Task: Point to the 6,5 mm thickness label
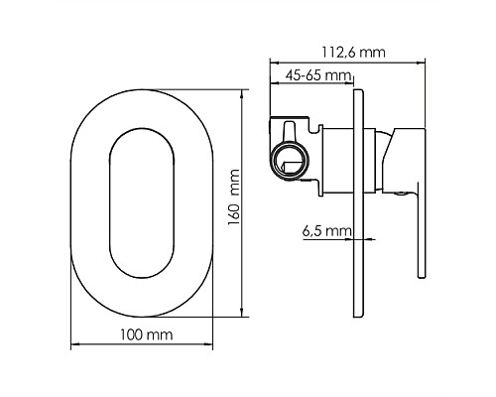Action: tap(326, 230)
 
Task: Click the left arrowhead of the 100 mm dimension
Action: tap(74, 347)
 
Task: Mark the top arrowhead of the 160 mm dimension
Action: tap(246, 88)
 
